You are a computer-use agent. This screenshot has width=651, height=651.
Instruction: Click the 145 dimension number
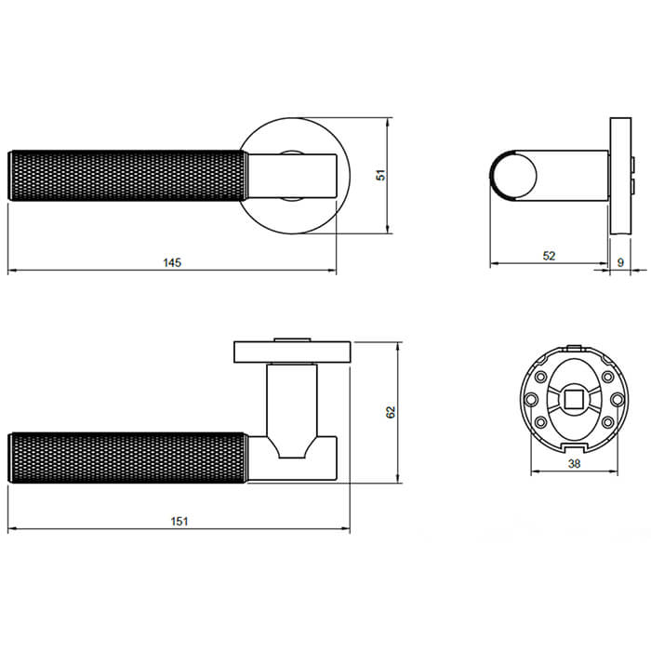171,262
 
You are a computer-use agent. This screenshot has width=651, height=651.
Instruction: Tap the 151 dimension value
179,521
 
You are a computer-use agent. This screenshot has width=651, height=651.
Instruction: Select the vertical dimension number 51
379,175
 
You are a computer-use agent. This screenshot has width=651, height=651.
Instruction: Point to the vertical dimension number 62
392,411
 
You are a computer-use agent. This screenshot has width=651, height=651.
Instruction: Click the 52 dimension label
549,256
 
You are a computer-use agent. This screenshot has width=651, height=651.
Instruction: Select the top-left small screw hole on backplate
538,377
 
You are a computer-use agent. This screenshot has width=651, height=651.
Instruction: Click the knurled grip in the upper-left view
126,175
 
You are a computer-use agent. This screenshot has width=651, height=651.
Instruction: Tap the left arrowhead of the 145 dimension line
11,272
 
